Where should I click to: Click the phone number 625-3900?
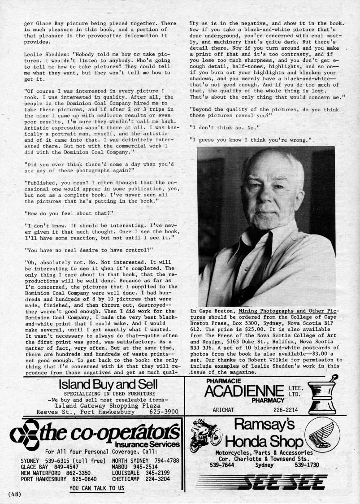coord(163,412)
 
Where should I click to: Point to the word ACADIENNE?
coord(244,391)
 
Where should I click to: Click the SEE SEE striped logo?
coord(282,482)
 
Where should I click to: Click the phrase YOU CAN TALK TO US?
coord(97,488)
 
